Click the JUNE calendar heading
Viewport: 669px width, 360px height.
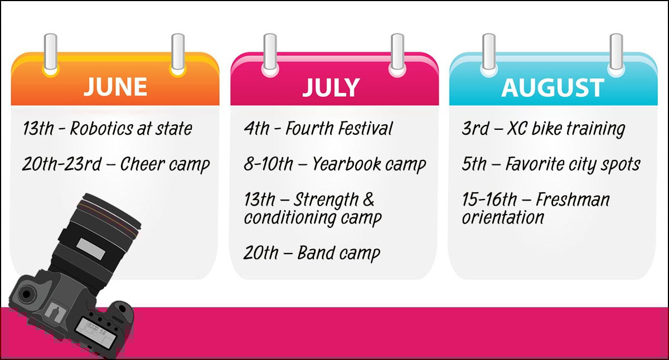(x=115, y=87)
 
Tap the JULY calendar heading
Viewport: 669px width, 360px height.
(x=331, y=87)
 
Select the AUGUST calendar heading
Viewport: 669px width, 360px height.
(x=553, y=87)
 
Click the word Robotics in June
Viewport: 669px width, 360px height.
(x=101, y=128)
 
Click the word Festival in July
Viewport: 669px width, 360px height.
(x=365, y=128)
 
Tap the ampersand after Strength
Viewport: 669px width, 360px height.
(x=369, y=199)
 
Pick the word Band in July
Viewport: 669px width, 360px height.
(x=316, y=253)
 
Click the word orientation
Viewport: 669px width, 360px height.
(x=503, y=217)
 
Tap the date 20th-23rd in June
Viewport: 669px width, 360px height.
(x=62, y=164)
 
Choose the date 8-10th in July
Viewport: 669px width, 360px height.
(x=268, y=164)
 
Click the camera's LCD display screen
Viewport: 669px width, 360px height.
(x=94, y=333)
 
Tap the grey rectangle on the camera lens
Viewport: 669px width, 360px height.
(x=91, y=249)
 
